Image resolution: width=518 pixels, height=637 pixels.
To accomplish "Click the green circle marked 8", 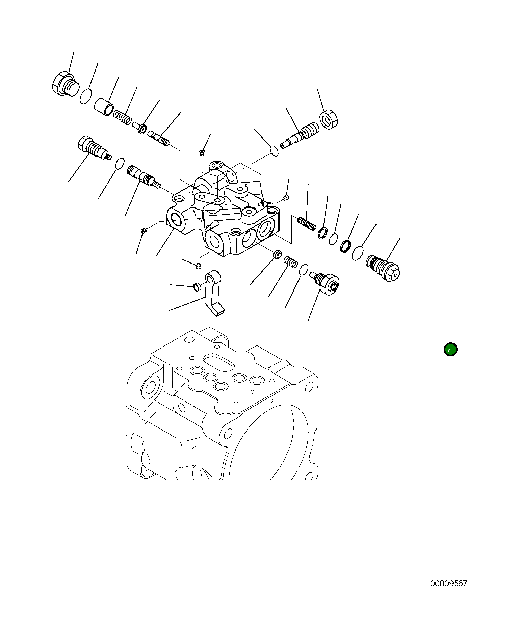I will click(450, 350).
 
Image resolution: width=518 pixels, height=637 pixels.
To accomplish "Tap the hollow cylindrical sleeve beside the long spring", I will click(104, 106).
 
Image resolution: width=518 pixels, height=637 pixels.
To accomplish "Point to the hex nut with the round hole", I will click(329, 119).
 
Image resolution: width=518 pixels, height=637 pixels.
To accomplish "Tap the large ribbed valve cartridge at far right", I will click(383, 268).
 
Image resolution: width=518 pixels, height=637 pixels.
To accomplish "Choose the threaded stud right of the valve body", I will click(307, 224).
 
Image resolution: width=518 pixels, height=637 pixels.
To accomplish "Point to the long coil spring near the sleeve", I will click(122, 117).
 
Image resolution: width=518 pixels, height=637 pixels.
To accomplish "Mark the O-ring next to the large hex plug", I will click(86, 96).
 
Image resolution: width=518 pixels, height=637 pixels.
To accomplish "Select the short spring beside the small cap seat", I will click(290, 261).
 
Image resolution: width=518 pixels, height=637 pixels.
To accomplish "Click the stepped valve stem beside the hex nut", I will click(300, 135).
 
